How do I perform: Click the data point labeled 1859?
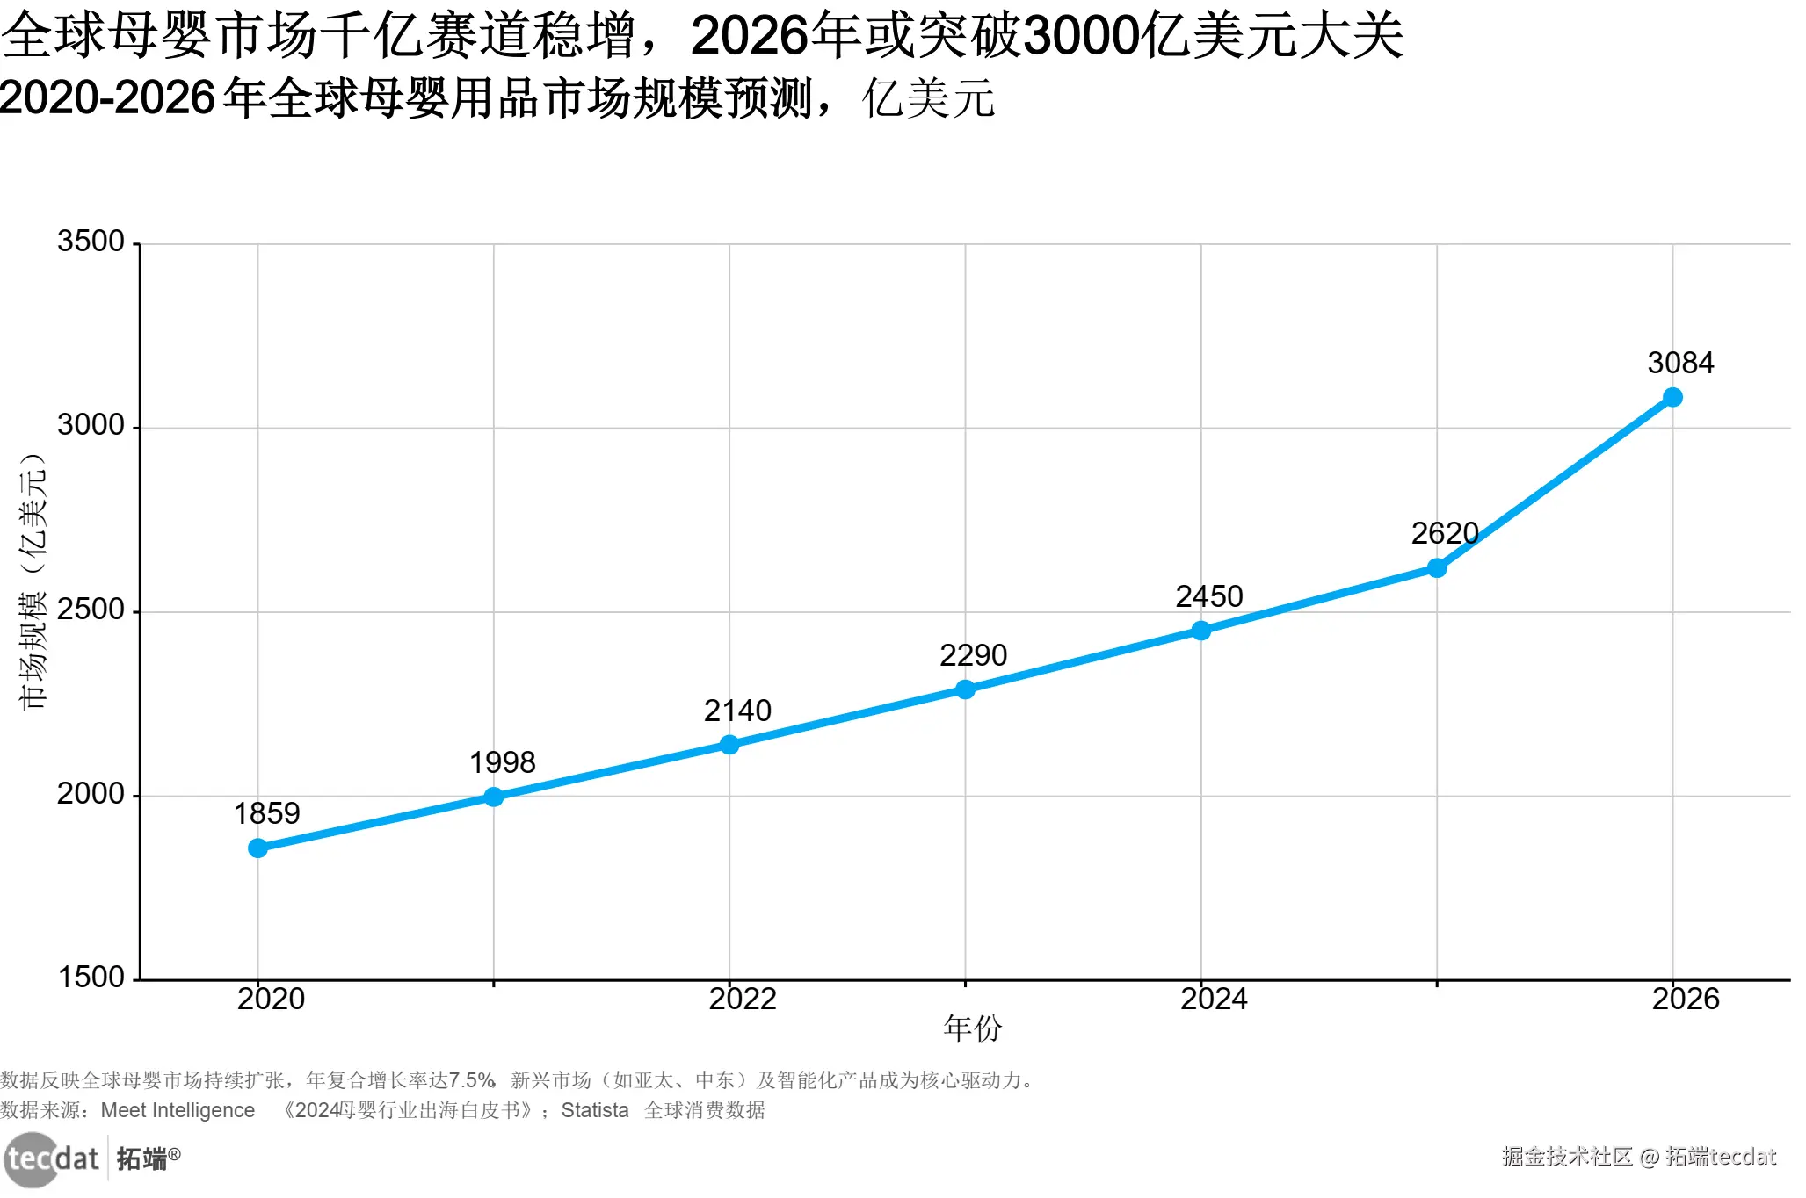point(257,848)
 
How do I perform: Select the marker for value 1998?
point(494,797)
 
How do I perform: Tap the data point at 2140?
point(729,745)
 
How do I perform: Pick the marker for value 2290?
point(965,689)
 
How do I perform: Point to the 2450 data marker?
point(1201,631)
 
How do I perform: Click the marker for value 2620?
point(1437,568)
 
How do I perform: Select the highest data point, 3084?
point(1672,398)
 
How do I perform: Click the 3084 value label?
point(1680,363)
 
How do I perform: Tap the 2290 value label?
point(973,655)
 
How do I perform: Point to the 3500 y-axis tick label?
point(91,242)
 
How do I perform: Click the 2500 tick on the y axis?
point(91,610)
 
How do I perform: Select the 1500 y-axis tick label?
point(91,977)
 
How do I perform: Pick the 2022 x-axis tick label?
point(743,999)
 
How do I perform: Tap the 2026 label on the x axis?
point(1686,999)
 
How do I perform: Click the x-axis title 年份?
point(972,1028)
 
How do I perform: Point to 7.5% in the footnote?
point(472,1079)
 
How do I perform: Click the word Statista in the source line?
point(595,1110)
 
